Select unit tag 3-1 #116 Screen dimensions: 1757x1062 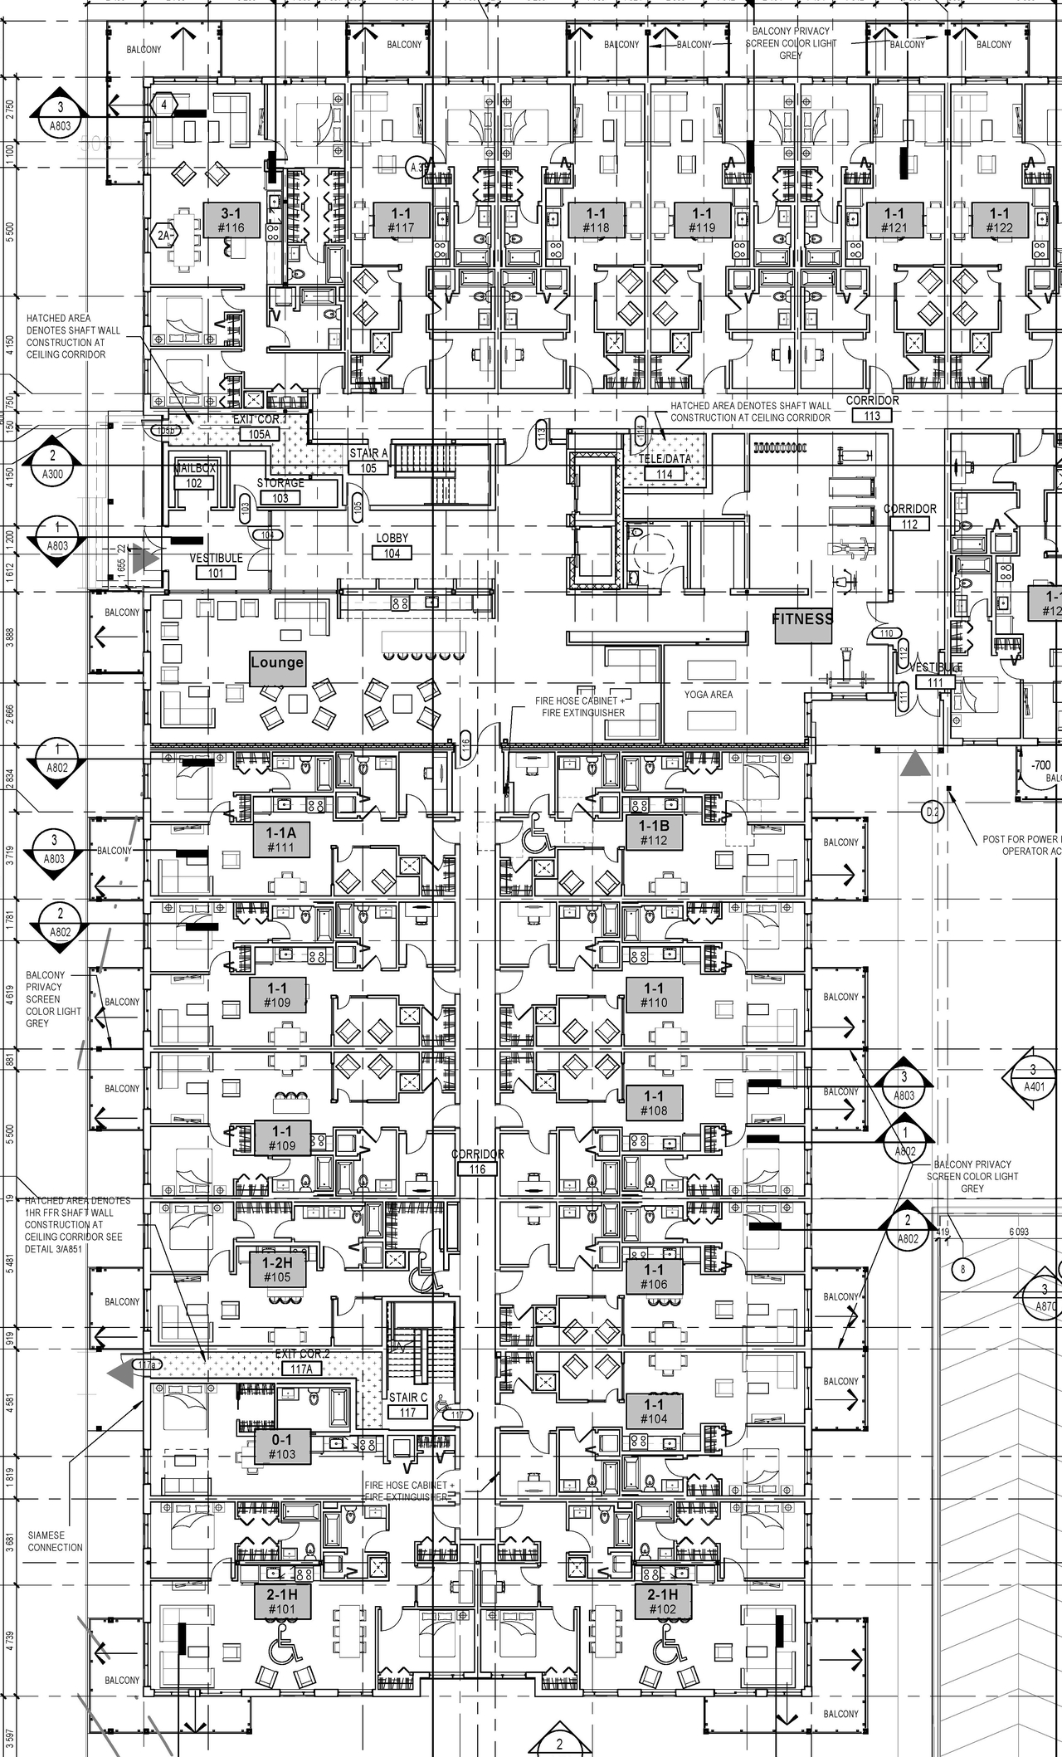(231, 220)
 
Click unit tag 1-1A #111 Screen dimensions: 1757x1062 (281, 839)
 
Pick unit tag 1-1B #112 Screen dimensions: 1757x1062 (654, 832)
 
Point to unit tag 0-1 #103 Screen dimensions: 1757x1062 (282, 1447)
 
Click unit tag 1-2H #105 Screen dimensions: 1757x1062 (278, 1269)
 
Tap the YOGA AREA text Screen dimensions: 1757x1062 (709, 694)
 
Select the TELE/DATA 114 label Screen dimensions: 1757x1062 (665, 466)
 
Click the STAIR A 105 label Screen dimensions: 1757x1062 (368, 461)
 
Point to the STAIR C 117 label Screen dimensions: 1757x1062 (408, 1404)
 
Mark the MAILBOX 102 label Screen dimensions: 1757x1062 (194, 476)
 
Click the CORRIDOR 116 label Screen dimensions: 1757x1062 (477, 1161)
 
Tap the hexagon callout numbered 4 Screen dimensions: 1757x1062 (164, 105)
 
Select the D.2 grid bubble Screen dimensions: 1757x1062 (933, 813)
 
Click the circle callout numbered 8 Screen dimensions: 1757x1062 (962, 1269)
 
